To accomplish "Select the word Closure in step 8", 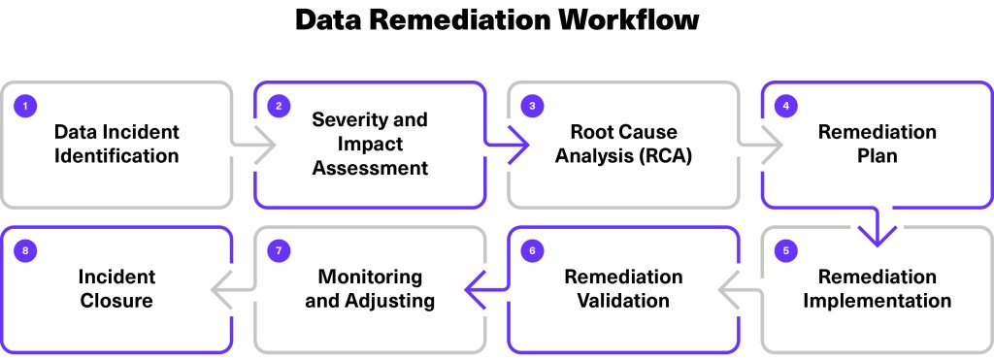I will (x=116, y=301).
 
